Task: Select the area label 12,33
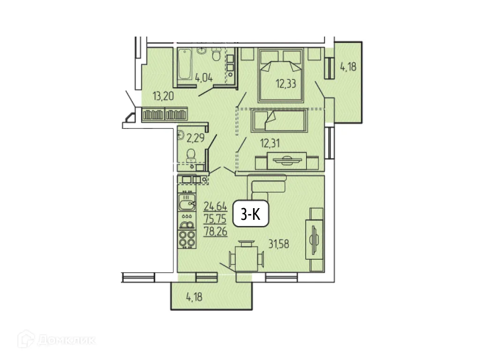[286, 84]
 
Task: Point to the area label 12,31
[270, 143]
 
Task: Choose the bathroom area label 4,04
[204, 78]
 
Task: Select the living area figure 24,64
[215, 205]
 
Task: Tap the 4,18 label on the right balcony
[348, 67]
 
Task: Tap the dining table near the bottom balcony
[246, 257]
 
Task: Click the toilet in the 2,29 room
[191, 155]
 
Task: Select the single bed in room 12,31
[279, 121]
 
